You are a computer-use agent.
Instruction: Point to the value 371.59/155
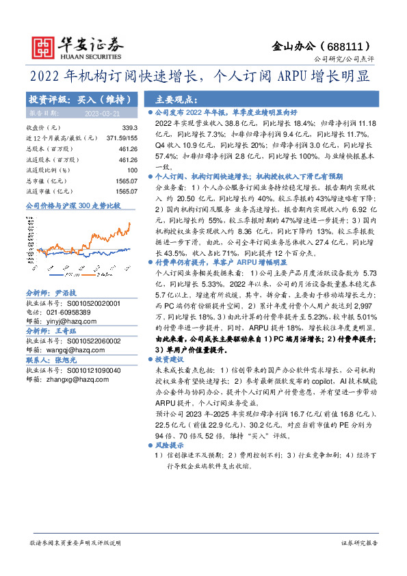tap(118, 138)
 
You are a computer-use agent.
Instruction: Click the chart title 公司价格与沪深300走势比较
tap(73, 205)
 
